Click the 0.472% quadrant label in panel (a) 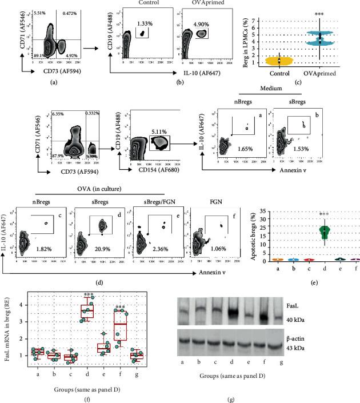pyautogui.click(x=71, y=14)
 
